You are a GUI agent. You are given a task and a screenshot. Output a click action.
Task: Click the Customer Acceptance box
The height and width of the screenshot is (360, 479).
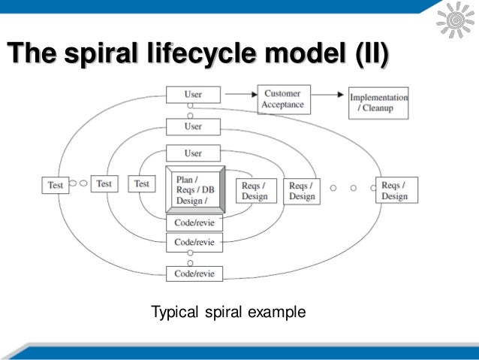pyautogui.click(x=283, y=99)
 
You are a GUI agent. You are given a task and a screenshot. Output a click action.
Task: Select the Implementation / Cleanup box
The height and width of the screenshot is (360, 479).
pyautogui.click(x=380, y=103)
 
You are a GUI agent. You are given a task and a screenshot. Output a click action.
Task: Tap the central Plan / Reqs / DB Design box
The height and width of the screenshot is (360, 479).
pyautogui.click(x=194, y=190)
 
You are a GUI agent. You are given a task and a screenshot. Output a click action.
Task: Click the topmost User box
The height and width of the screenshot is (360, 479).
pyautogui.click(x=193, y=95)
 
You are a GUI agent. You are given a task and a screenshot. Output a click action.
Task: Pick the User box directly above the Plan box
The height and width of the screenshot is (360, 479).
pyautogui.click(x=193, y=153)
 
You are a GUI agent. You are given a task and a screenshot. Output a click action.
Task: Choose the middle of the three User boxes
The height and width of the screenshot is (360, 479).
pyautogui.click(x=193, y=126)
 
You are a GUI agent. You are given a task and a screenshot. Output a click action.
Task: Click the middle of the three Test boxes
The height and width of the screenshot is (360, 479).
pyautogui.click(x=104, y=183)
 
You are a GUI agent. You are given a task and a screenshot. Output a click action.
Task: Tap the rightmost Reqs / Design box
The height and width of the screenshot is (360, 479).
pyautogui.click(x=394, y=190)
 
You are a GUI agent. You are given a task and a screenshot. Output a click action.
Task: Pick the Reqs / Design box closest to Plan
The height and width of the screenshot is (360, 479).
pyautogui.click(x=255, y=191)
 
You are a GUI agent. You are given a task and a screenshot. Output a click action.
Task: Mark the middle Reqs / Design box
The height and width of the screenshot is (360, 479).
pyautogui.click(x=302, y=190)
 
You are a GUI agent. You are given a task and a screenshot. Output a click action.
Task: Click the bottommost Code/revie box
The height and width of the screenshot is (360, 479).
pyautogui.click(x=193, y=274)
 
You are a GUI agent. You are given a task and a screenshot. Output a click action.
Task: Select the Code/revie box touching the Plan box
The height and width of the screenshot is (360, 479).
pyautogui.click(x=193, y=223)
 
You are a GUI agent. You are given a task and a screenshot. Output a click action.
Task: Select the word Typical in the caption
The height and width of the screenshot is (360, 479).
pyautogui.click(x=175, y=311)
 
